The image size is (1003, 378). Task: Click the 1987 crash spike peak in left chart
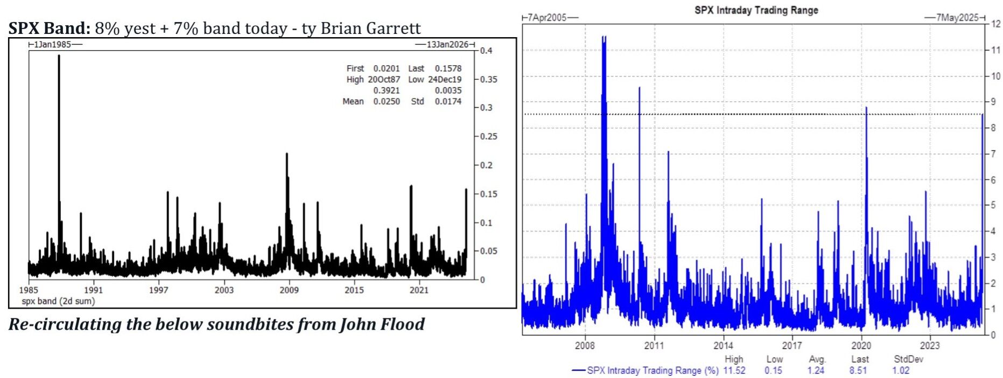point(59,56)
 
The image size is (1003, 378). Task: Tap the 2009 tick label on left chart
point(289,290)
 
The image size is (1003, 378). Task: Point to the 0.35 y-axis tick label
point(489,79)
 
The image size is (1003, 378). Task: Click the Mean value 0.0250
point(387,101)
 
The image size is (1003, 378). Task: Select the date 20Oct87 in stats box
point(384,79)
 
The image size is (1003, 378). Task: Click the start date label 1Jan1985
point(53,44)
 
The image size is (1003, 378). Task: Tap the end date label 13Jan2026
point(448,44)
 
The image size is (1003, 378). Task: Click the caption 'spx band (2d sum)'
point(58,301)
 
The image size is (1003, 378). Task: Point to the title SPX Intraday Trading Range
point(756,10)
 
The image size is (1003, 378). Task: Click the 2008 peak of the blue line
point(604,37)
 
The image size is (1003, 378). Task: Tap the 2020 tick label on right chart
point(861,346)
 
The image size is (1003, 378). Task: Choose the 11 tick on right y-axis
point(995,50)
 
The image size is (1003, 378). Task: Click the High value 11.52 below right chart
point(734,370)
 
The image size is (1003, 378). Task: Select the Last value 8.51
point(858,370)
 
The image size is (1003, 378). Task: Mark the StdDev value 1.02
point(901,370)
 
